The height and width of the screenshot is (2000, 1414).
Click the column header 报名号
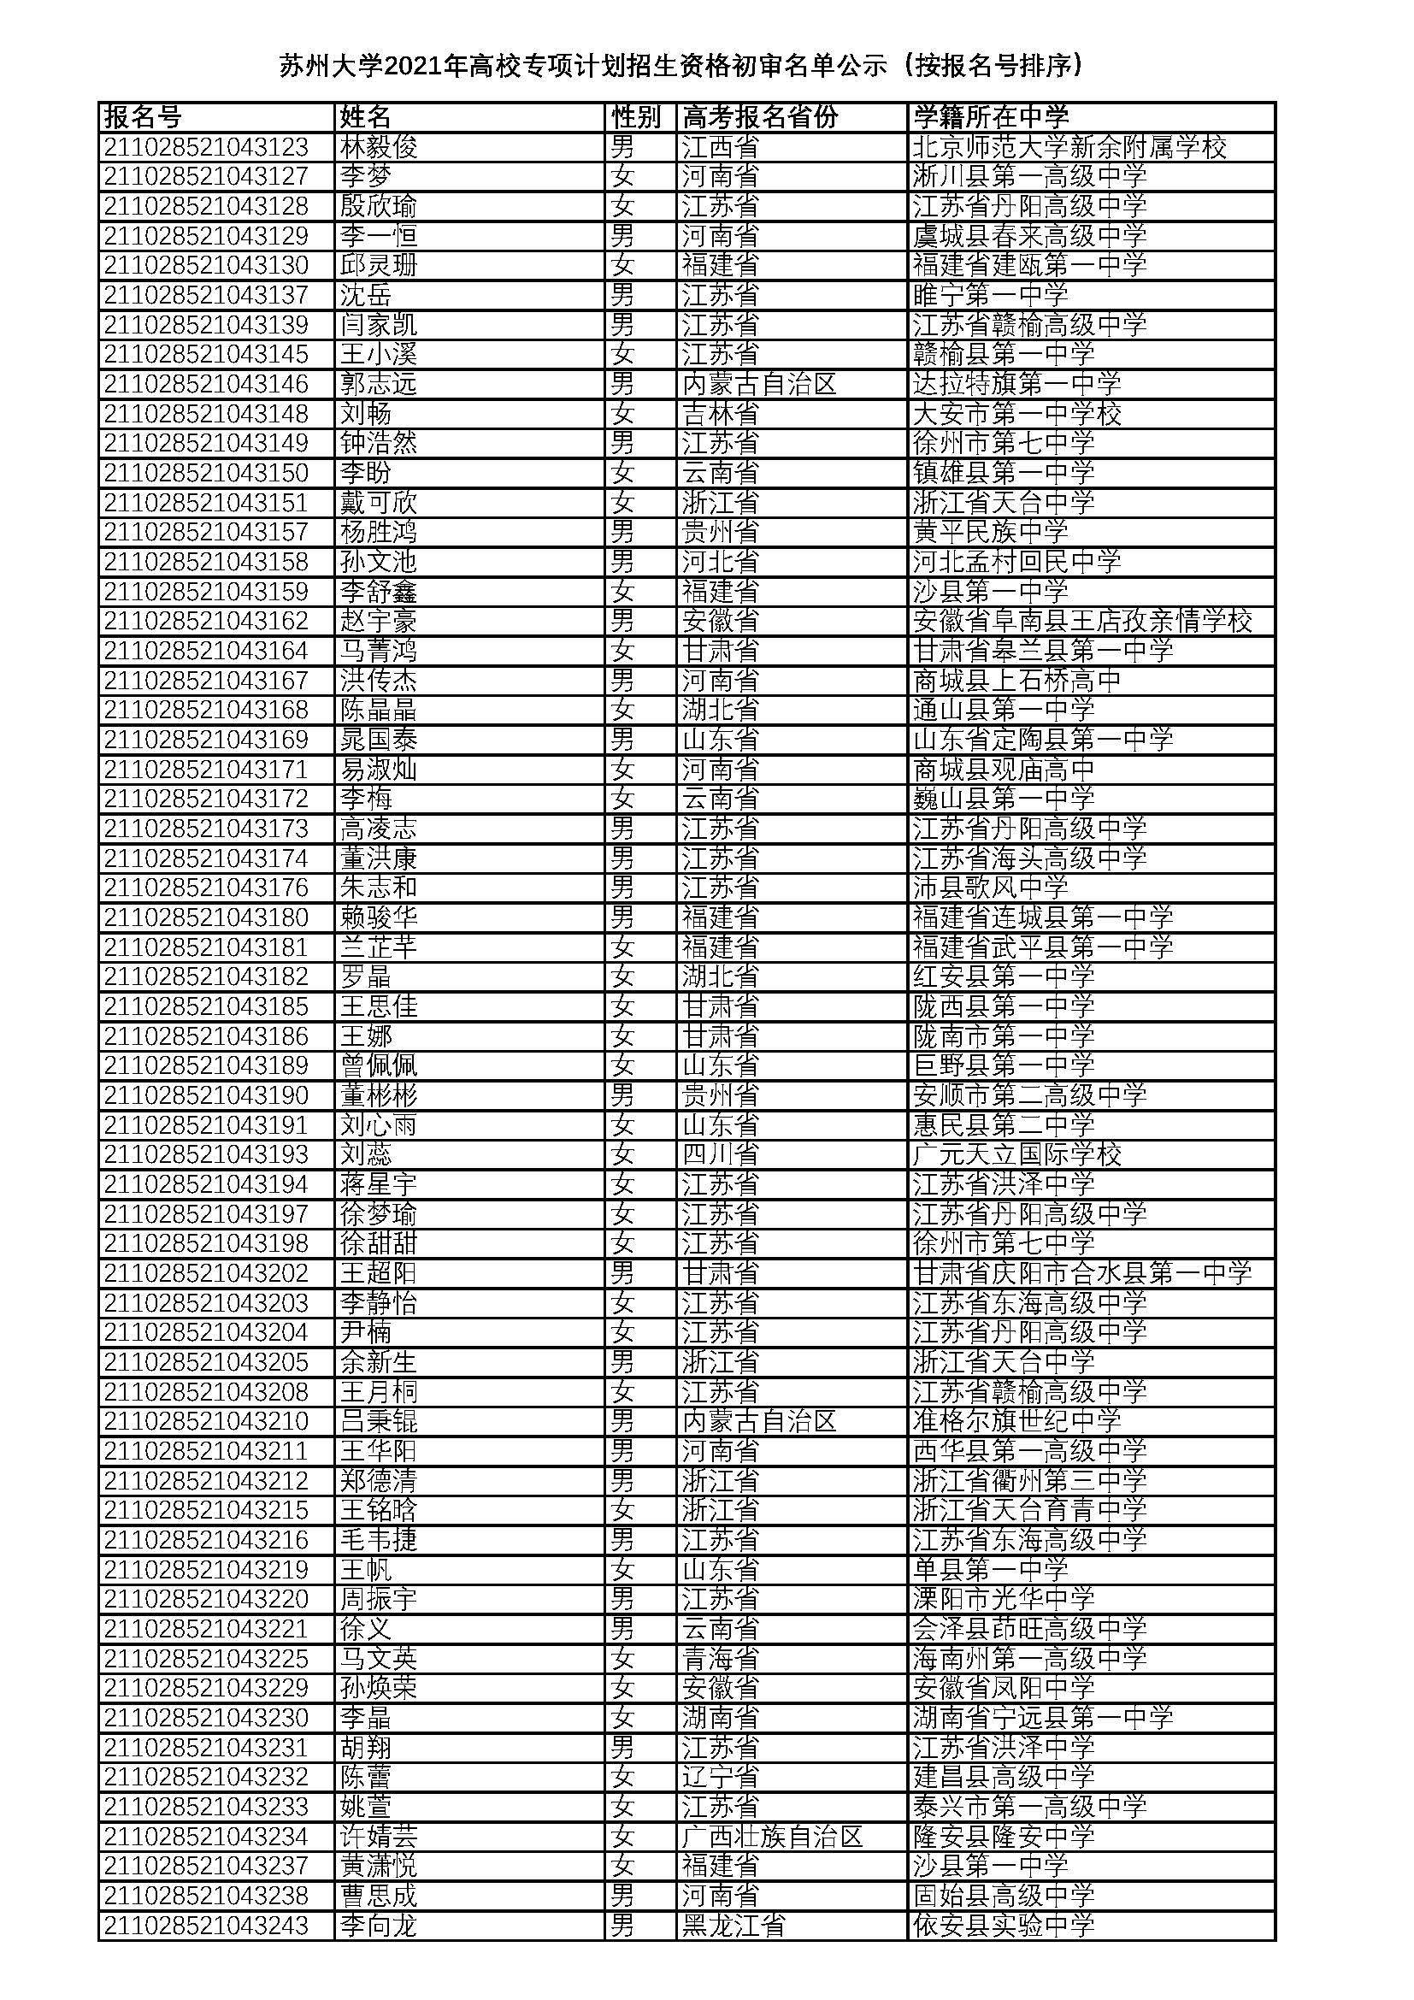tap(143, 117)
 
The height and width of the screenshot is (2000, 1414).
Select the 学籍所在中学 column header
tap(990, 117)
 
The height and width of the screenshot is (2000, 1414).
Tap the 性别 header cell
tap(635, 117)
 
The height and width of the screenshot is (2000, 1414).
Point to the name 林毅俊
tap(379, 146)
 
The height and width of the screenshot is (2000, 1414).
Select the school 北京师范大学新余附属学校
tap(1069, 146)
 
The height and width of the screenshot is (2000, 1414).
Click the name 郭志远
tap(379, 383)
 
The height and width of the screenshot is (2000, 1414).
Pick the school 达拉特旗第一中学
tap(1017, 383)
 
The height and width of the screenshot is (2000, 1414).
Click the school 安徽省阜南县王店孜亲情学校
tap(1082, 620)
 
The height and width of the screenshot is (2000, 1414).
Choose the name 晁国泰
tap(379, 740)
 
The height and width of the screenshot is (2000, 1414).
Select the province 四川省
tap(720, 1154)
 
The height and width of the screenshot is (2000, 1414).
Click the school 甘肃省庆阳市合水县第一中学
tap(1082, 1272)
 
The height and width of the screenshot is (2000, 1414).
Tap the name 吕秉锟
tap(379, 1421)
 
